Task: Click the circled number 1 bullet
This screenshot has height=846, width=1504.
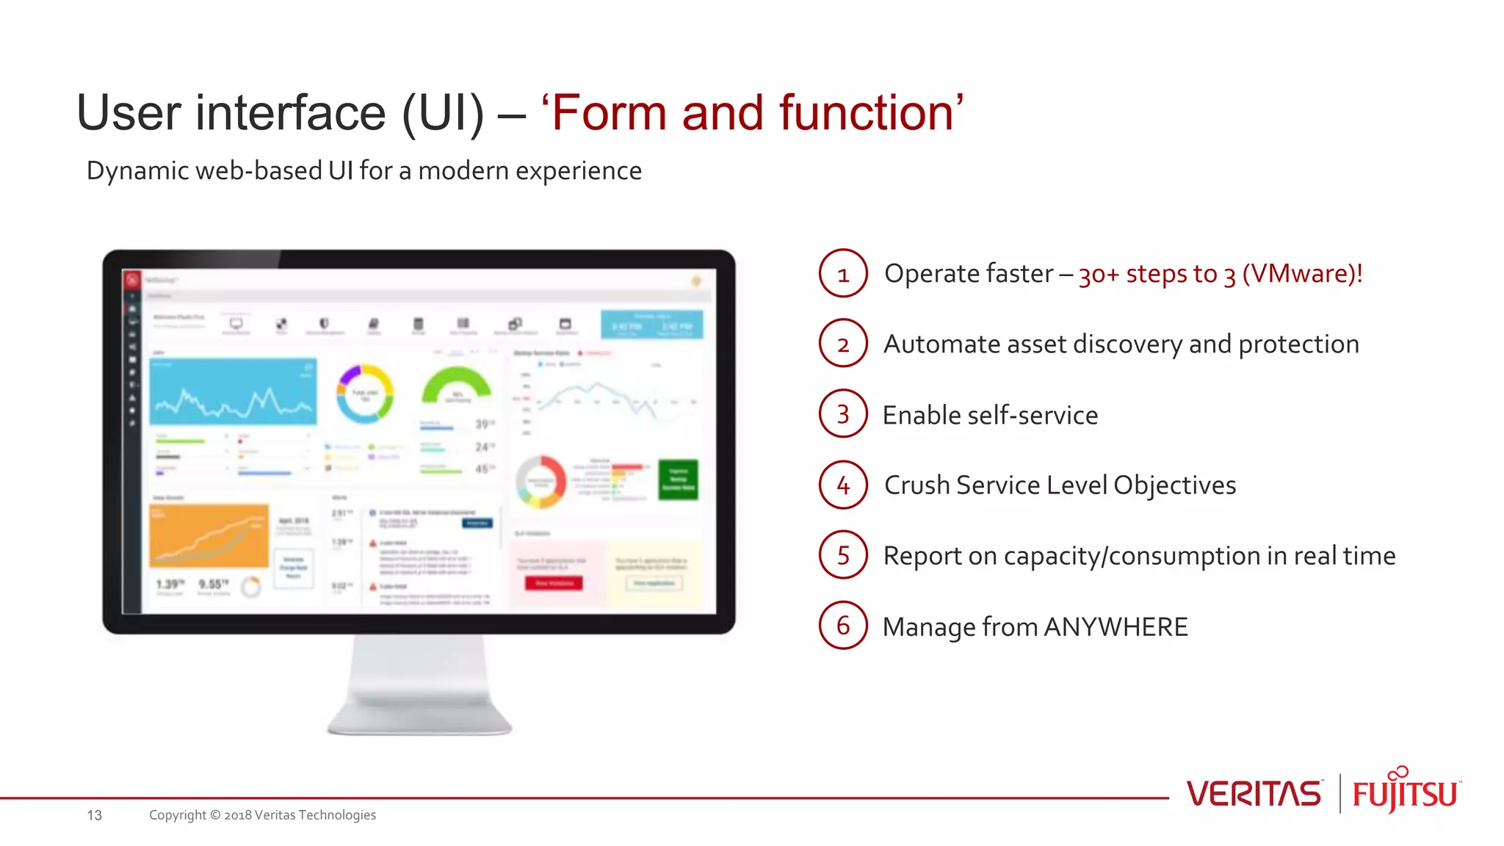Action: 843,273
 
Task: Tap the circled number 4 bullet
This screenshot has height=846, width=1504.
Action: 843,485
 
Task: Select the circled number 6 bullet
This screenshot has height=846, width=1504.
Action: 843,626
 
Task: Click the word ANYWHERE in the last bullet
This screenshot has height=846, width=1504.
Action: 1115,627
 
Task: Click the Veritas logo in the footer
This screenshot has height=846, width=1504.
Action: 1254,794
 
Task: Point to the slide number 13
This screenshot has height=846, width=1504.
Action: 94,815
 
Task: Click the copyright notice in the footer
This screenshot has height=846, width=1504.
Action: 262,815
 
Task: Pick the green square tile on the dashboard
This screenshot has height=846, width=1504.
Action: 678,480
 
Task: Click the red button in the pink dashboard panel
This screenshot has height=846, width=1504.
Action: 554,583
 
